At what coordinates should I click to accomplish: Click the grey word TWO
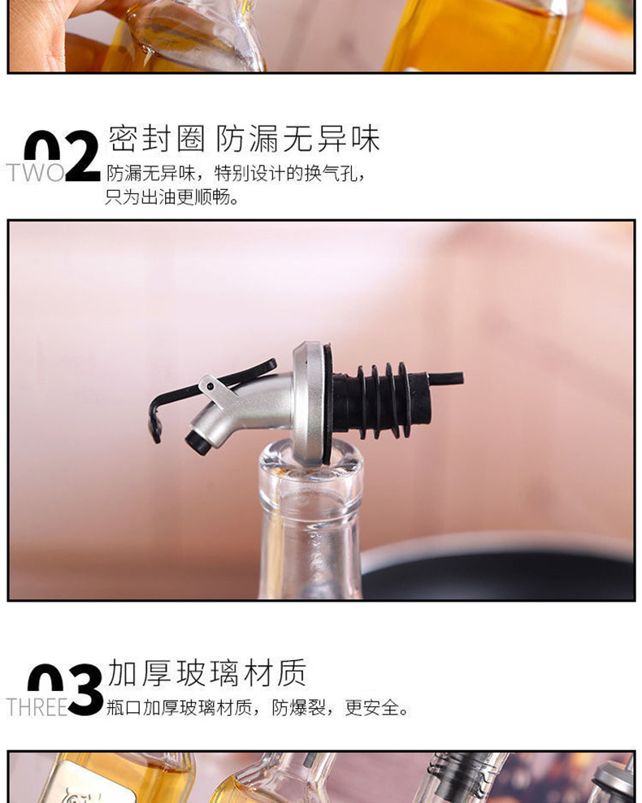36,173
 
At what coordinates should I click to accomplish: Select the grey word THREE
37,707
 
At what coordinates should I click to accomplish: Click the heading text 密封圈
156,138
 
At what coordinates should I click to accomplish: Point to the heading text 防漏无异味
297,138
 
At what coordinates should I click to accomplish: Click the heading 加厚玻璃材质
207,672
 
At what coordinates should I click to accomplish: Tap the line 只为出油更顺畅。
172,197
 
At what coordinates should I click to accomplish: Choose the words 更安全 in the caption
371,708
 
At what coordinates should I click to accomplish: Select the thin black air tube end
445,378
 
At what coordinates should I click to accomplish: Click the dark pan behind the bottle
497,568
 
